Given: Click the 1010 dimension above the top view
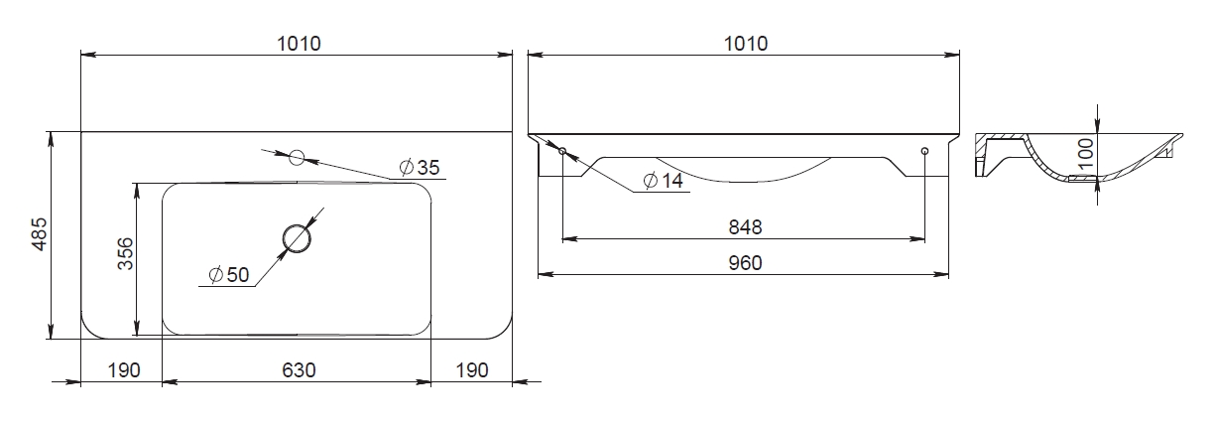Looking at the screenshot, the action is click(x=300, y=44).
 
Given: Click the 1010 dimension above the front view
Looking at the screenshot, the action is click(x=746, y=44).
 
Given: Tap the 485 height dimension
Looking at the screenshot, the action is click(x=40, y=234).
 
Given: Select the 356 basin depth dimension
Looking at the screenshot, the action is click(x=125, y=253).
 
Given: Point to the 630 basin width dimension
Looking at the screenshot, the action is click(x=299, y=370).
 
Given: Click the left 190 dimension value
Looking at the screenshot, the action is click(x=124, y=370).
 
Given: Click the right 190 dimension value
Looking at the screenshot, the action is click(x=472, y=370).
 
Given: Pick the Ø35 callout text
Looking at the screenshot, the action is click(x=420, y=167).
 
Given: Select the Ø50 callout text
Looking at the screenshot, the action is click(x=229, y=275).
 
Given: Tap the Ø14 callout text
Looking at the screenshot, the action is click(x=663, y=181).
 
